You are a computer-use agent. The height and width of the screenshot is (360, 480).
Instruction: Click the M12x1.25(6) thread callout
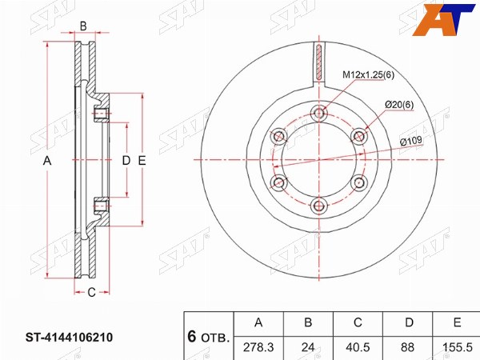(368, 74)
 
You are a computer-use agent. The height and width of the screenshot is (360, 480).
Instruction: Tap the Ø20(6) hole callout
(399, 105)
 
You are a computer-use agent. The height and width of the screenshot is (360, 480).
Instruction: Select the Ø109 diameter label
(411, 142)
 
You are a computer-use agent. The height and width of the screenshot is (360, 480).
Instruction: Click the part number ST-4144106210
(69, 338)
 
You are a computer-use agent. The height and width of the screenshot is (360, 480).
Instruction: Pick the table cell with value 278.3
(258, 347)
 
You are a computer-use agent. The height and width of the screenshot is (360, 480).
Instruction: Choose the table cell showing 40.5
(358, 347)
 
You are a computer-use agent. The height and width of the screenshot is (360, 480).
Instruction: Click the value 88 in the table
(407, 347)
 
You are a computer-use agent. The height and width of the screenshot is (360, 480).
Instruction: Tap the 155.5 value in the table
(457, 347)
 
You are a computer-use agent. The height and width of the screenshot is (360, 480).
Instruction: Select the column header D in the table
(410, 323)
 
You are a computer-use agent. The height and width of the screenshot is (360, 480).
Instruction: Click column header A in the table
(258, 323)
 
